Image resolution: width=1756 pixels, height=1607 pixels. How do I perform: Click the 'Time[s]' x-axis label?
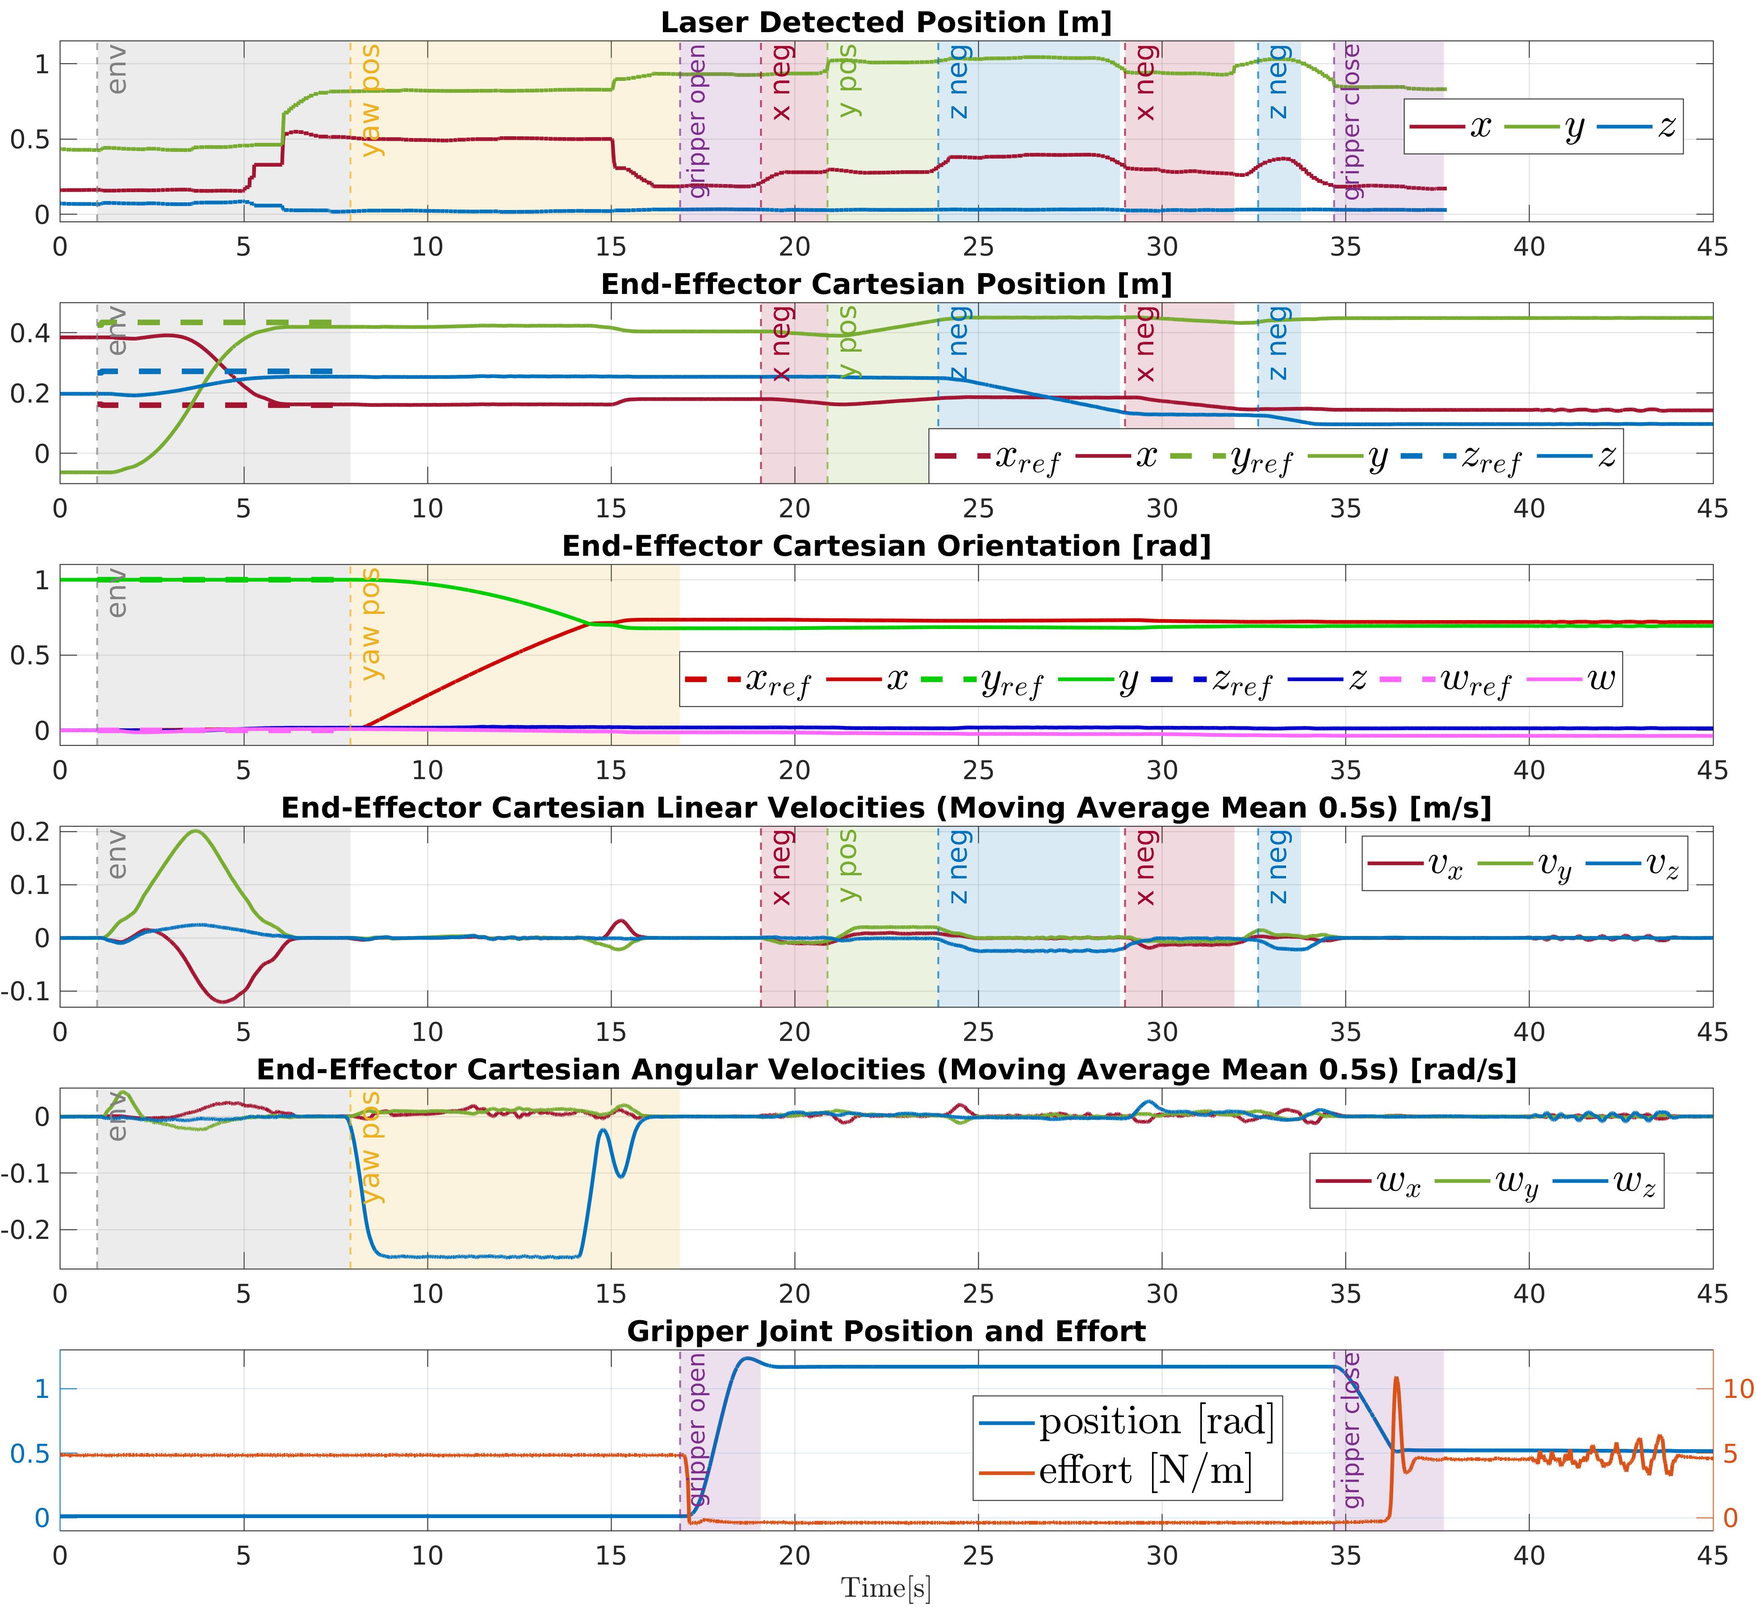(886, 1588)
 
